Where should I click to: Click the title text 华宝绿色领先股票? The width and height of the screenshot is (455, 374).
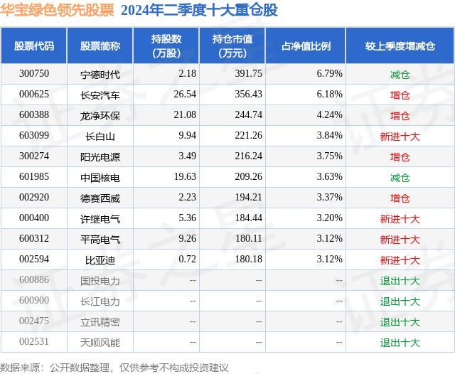pos(57,11)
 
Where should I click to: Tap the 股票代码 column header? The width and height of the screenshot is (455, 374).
pos(34,46)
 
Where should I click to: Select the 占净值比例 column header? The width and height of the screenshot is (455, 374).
pos(311,46)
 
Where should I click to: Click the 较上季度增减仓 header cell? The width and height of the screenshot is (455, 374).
pos(400,46)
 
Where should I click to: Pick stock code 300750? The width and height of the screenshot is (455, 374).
pos(34,74)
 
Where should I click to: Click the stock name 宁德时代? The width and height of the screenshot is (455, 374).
pos(100,74)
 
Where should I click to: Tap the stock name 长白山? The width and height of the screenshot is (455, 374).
pos(100,136)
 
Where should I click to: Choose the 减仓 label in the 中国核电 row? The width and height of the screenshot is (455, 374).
pos(400,178)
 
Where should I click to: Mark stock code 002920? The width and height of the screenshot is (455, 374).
pos(34,198)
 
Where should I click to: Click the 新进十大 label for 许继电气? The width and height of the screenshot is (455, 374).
pos(400,219)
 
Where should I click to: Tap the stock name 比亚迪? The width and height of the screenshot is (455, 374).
pos(100,260)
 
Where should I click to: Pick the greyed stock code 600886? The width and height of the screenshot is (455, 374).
pos(34,281)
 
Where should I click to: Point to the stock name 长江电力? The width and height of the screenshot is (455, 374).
pos(100,301)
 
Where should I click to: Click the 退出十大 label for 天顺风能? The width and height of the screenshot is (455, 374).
pos(400,343)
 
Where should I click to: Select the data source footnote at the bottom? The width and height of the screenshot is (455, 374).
pos(114,367)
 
